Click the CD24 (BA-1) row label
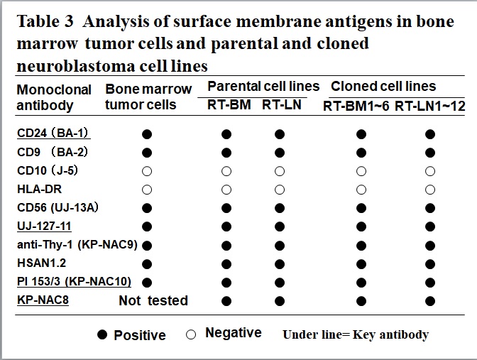pos(53,133)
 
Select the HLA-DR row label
pos(39,190)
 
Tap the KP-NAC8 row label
pos(43,300)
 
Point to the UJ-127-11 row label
pos(44,226)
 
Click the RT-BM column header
pos(229,104)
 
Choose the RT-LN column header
pos(282,104)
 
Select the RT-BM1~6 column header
pos(356,107)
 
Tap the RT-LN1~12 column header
pos(430,107)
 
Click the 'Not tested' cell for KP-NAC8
pos(153,300)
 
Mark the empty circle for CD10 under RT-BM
pos(226,171)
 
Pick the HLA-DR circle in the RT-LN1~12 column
pos(430,190)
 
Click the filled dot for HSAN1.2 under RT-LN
pos(280,264)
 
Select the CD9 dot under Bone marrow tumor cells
pos(147,153)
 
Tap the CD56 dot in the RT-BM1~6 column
pos(361,209)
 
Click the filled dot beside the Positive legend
pos(102,334)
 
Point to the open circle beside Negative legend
pos(191,334)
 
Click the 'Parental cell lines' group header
pos(263,87)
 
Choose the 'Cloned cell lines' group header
pos(383,87)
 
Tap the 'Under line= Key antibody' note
pos(356,334)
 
